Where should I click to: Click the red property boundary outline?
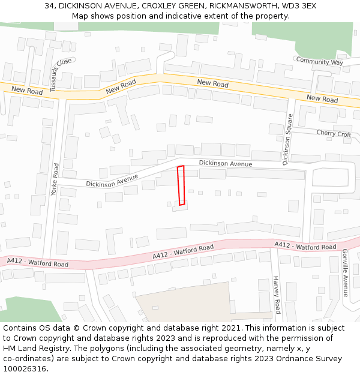[x=181, y=185]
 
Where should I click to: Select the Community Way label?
[x=319, y=61]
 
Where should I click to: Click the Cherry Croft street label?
[x=334, y=134]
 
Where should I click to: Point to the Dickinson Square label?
[x=288, y=139]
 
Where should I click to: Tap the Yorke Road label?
[x=55, y=179]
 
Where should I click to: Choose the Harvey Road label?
[x=277, y=295]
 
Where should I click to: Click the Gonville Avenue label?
[x=345, y=274]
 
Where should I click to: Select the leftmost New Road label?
[x=27, y=91]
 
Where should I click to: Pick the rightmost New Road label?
[x=322, y=99]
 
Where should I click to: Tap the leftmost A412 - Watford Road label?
[x=37, y=262]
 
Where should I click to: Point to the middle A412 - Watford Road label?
[x=183, y=251]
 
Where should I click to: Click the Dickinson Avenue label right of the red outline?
[x=226, y=163]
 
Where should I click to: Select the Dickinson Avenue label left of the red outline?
[x=112, y=180]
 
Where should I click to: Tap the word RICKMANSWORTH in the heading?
[x=236, y=6]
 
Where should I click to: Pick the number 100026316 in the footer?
[x=25, y=369]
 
